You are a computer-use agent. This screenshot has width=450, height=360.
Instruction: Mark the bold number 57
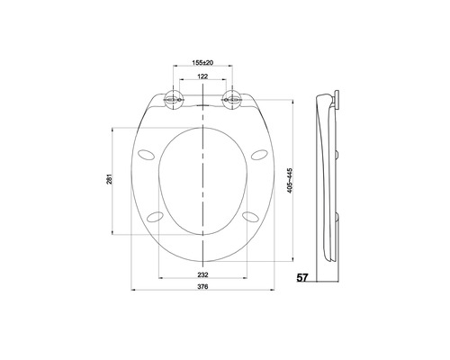tap(303, 279)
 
